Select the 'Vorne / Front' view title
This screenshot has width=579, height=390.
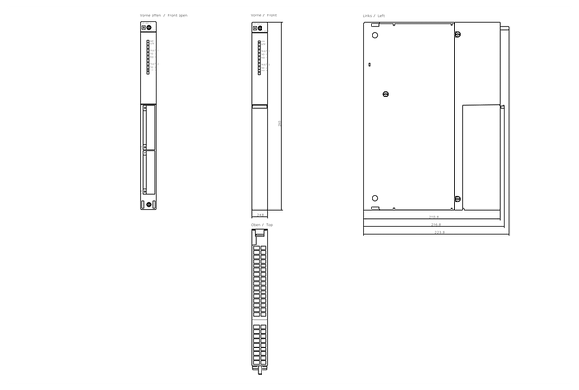pos(262,16)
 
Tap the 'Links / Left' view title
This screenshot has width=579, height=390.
pos(373,16)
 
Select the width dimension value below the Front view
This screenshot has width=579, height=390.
pos(260,214)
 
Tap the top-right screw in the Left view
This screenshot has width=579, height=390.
pos(457,35)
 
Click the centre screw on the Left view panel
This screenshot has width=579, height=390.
pos(385,94)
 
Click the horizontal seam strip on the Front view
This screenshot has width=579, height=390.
pos(260,106)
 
